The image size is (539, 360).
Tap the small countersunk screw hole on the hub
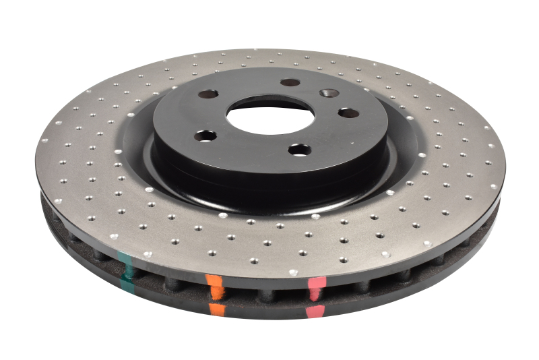click(x=329, y=93)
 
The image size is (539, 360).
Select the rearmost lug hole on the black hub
click(x=290, y=82)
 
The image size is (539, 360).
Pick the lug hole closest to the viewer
click(x=299, y=150)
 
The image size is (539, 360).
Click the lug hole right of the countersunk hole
click(x=348, y=113)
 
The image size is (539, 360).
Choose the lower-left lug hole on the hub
click(x=205, y=136)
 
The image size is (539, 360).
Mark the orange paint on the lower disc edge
click(x=217, y=310)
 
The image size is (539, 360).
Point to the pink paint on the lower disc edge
click(x=315, y=311)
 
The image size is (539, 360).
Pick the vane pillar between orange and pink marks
click(x=266, y=296)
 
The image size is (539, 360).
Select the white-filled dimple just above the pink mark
click(x=293, y=272)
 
